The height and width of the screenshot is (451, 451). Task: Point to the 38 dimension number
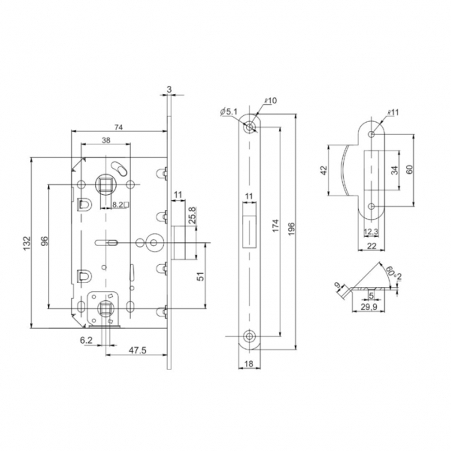(x=106, y=140)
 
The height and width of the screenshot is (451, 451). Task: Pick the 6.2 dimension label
(x=86, y=341)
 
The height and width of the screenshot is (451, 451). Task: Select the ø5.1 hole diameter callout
(x=228, y=111)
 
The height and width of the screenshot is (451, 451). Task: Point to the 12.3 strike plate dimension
(x=371, y=232)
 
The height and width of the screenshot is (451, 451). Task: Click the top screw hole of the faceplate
(x=249, y=128)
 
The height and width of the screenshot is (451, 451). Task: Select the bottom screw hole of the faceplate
(x=249, y=336)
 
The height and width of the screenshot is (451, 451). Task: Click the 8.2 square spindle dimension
(x=119, y=205)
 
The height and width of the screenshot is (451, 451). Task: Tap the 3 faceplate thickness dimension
(x=169, y=90)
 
